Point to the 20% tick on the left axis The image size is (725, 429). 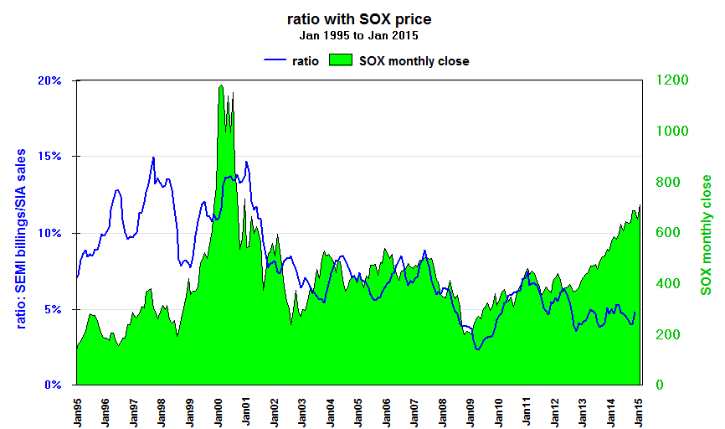pyautogui.click(x=49, y=80)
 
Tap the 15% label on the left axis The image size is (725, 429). pyautogui.click(x=49, y=157)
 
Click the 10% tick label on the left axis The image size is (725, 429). pyautogui.click(x=49, y=233)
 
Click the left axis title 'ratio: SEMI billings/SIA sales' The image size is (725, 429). pyautogui.click(x=23, y=239)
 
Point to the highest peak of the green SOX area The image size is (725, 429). pyautogui.click(x=220, y=85)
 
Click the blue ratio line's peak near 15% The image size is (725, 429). pyautogui.click(x=153, y=158)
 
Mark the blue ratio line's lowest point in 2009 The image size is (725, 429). pyautogui.click(x=477, y=349)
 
